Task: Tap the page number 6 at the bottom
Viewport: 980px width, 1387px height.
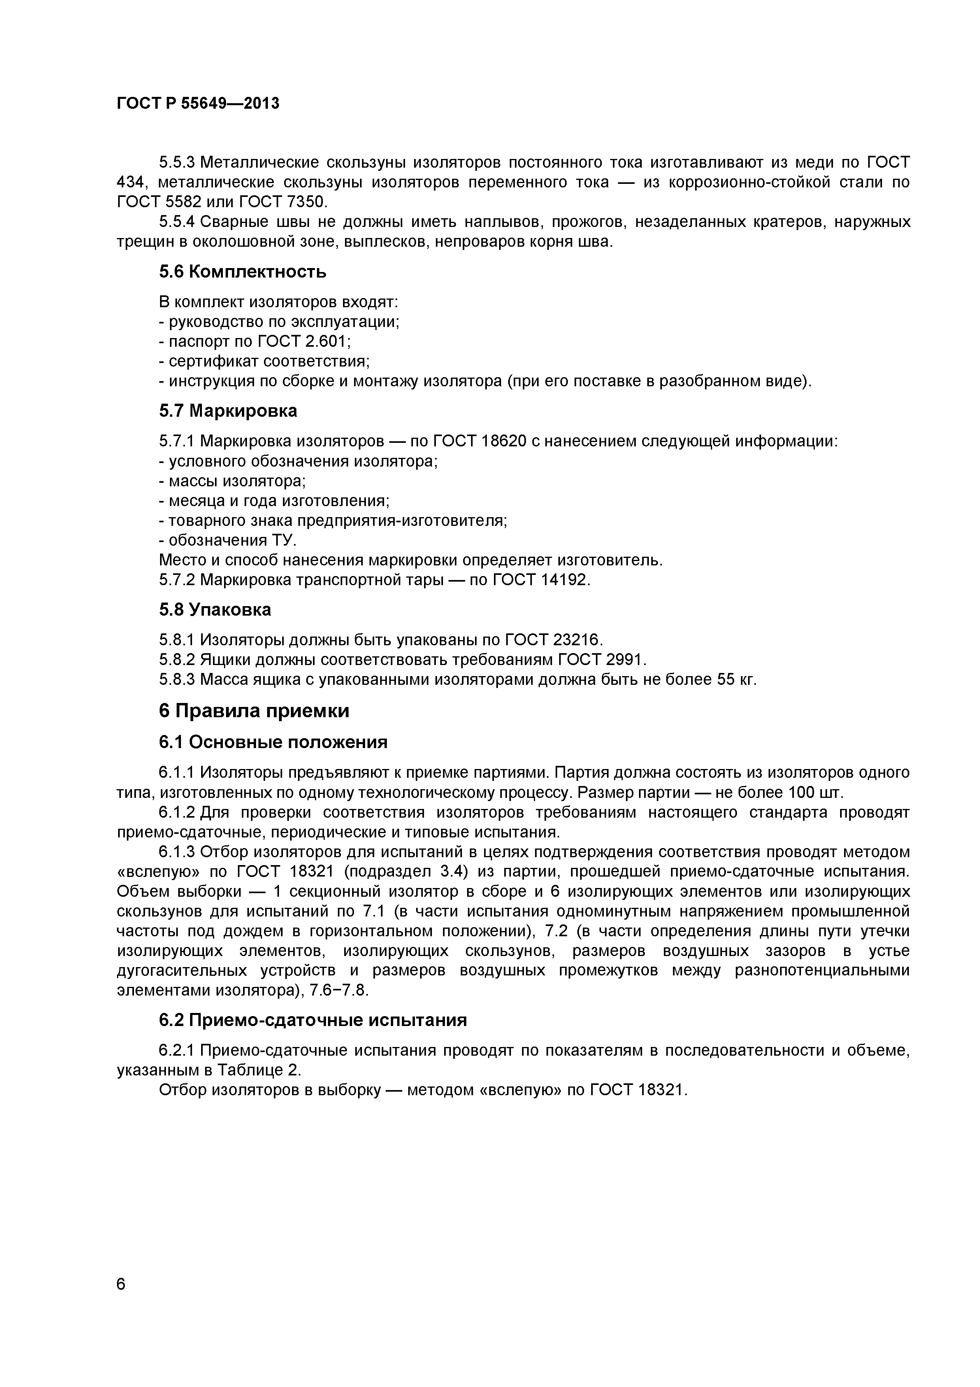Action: (x=121, y=1301)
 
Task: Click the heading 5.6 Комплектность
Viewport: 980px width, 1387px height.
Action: (x=242, y=272)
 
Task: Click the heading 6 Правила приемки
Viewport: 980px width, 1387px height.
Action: (x=254, y=711)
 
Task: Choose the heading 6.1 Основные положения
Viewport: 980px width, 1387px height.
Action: (x=273, y=742)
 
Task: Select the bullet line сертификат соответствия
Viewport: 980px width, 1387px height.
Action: (x=264, y=361)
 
